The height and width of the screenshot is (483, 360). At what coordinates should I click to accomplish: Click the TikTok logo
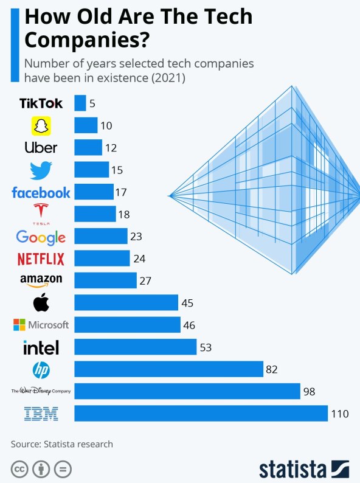click(41, 103)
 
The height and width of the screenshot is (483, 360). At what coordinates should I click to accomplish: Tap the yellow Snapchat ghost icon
click(41, 126)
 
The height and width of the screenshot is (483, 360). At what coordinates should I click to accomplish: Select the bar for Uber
click(88, 148)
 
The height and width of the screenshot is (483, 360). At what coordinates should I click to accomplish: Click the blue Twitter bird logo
click(41, 170)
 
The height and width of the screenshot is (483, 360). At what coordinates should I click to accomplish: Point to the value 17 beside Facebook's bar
click(120, 192)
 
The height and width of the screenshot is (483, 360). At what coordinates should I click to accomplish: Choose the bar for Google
click(101, 236)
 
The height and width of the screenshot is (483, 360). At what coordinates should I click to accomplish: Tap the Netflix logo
click(41, 259)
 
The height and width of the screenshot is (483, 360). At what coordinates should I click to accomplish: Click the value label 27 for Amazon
click(144, 280)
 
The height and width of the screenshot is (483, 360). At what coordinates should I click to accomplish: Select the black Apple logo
click(41, 302)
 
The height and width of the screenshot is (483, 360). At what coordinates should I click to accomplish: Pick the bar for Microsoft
click(127, 325)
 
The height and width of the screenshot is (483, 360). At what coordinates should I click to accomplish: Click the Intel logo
click(41, 347)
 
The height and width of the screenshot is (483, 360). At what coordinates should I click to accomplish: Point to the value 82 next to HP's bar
click(272, 369)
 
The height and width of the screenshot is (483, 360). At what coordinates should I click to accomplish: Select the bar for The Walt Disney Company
click(187, 391)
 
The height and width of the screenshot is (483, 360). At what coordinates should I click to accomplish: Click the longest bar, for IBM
click(201, 414)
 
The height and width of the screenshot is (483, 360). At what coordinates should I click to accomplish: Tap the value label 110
click(339, 414)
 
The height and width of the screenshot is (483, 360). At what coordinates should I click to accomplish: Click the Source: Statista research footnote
click(61, 444)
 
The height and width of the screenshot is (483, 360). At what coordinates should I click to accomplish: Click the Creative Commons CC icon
click(20, 470)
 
